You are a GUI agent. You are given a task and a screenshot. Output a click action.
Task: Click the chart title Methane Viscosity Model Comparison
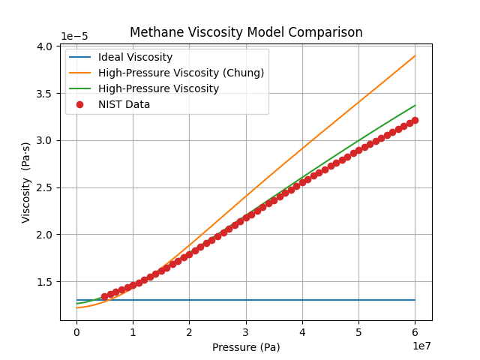[x=246, y=33]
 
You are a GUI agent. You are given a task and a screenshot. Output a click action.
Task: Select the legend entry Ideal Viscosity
[x=135, y=58]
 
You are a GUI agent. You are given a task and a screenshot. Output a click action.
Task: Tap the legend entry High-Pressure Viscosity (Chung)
[x=181, y=73]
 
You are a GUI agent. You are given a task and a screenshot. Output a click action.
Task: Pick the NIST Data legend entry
[x=124, y=104]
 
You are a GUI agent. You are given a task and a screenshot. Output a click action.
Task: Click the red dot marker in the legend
[x=80, y=104]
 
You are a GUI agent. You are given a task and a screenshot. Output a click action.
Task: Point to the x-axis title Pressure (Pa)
[x=246, y=347]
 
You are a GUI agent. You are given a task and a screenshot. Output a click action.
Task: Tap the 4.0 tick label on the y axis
[x=44, y=46]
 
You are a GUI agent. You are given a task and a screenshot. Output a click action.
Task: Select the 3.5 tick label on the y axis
[x=44, y=94]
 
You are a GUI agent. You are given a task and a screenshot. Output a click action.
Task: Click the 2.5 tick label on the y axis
[x=44, y=187]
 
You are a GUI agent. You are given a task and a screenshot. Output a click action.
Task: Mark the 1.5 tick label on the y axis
[x=44, y=282]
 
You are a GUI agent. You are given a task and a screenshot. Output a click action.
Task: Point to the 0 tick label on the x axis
[x=76, y=332]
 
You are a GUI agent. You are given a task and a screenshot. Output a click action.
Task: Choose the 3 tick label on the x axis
[x=246, y=332]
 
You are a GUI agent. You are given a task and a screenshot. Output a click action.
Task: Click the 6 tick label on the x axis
[x=415, y=332]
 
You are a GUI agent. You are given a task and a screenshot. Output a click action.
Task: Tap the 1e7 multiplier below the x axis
[x=421, y=346]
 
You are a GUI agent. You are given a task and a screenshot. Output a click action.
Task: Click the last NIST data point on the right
[x=415, y=120]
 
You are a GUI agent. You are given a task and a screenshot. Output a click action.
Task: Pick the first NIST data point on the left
[x=105, y=297]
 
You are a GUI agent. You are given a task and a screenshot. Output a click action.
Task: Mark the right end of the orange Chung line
[x=415, y=55]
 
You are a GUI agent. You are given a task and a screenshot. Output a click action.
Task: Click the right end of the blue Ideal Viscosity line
[x=415, y=300]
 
